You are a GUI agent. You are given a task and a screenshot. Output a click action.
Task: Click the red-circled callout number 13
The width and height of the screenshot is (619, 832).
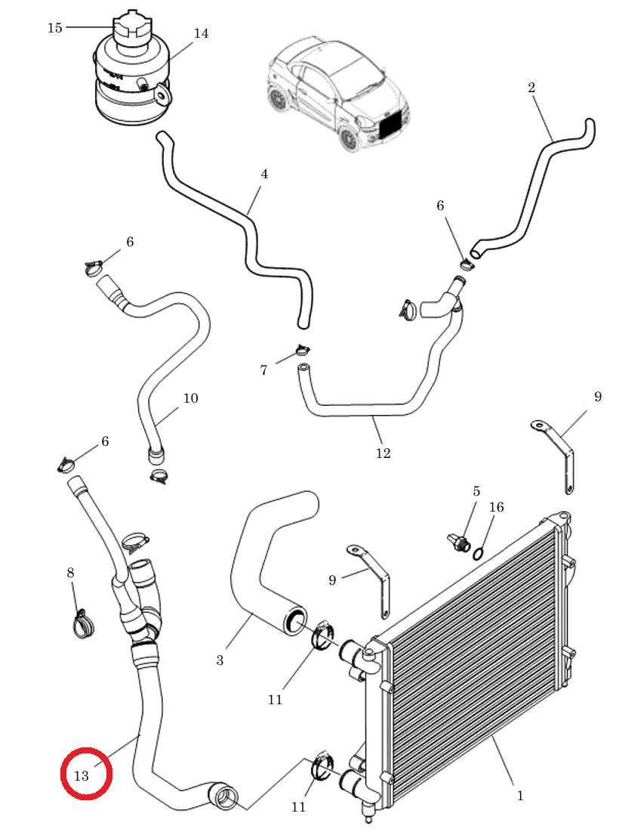[x=81, y=776]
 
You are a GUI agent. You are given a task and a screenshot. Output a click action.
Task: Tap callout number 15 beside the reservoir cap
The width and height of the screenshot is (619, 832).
[x=55, y=28]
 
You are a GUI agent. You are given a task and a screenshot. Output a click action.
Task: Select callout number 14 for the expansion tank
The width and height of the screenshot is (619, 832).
[x=201, y=33]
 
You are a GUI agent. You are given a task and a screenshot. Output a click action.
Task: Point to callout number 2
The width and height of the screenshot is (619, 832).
[x=531, y=88]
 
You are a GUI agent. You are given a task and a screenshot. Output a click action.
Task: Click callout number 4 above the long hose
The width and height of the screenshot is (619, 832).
[x=264, y=174]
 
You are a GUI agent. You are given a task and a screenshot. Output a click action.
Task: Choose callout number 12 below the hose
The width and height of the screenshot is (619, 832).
[x=383, y=453]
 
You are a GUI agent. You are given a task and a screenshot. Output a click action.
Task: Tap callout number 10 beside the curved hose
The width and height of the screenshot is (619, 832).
[x=190, y=398]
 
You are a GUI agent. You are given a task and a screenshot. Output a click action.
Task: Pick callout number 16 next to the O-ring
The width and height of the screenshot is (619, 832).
[x=497, y=507]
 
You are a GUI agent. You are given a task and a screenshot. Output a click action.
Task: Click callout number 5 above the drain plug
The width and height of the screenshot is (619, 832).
[x=476, y=491]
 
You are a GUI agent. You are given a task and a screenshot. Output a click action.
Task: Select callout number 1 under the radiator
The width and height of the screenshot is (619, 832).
[x=520, y=796]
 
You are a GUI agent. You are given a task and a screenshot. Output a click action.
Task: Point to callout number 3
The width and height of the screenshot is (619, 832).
[x=220, y=660]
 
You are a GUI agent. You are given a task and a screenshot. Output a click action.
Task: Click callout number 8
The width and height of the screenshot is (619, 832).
[x=70, y=573]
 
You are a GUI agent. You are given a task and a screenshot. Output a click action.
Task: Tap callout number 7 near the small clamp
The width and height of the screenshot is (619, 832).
[x=263, y=370]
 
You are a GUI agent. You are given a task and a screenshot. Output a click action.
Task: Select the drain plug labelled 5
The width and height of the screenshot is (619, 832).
[x=458, y=542]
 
